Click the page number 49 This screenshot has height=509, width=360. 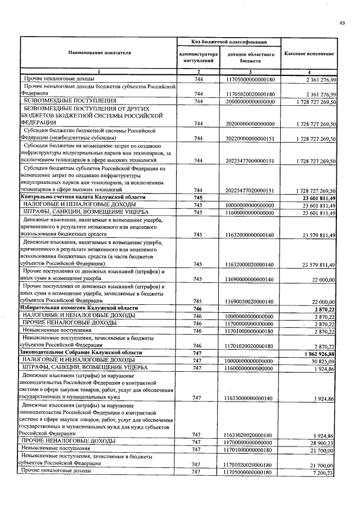[342, 22]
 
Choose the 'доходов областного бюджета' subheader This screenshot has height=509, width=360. [250, 56]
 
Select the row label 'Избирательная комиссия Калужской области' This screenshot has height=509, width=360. [78, 309]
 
